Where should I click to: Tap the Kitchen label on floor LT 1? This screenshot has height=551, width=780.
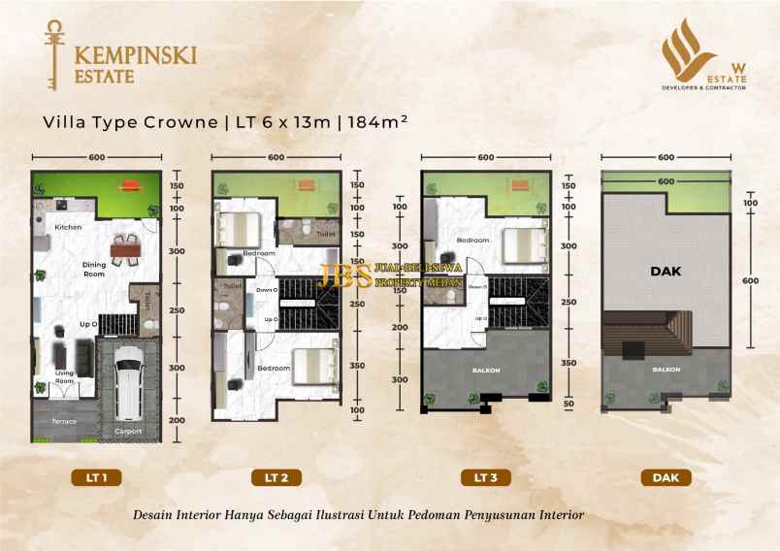pos(67,227)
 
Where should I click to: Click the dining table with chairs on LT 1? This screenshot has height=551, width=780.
pos(124,251)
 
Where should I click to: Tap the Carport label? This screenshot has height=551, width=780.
pos(128,431)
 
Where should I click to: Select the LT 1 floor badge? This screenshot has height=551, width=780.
pos(96,477)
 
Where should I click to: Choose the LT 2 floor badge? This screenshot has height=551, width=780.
pos(276,477)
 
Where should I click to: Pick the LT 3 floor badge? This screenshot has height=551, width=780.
pos(485,477)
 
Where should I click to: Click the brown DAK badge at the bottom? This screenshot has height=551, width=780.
pos(665,477)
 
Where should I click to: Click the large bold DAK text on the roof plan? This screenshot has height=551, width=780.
pos(666,273)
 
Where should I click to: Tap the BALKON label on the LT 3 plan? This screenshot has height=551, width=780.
pos(483,370)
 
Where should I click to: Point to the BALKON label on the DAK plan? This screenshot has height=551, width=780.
pos(666,370)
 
